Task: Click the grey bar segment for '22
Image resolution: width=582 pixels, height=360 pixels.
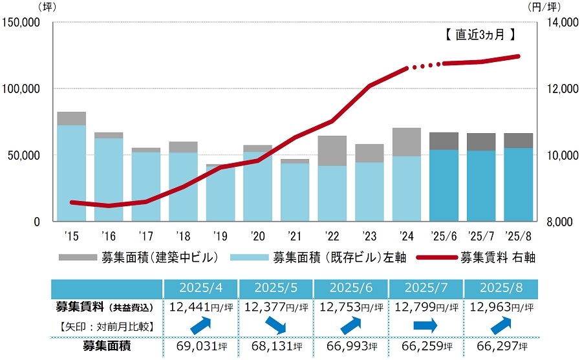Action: click(332, 151)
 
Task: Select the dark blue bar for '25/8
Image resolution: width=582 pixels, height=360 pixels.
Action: click(519, 184)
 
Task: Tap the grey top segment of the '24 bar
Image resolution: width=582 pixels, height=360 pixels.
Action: click(406, 142)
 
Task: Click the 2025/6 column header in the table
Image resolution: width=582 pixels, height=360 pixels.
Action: click(349, 286)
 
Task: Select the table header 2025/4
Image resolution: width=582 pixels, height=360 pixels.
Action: click(200, 286)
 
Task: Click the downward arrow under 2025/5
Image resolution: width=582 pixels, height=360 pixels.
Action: click(275, 323)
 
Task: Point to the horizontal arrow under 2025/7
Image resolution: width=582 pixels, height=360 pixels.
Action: click(425, 323)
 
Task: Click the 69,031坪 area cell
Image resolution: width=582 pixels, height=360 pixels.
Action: click(200, 346)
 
